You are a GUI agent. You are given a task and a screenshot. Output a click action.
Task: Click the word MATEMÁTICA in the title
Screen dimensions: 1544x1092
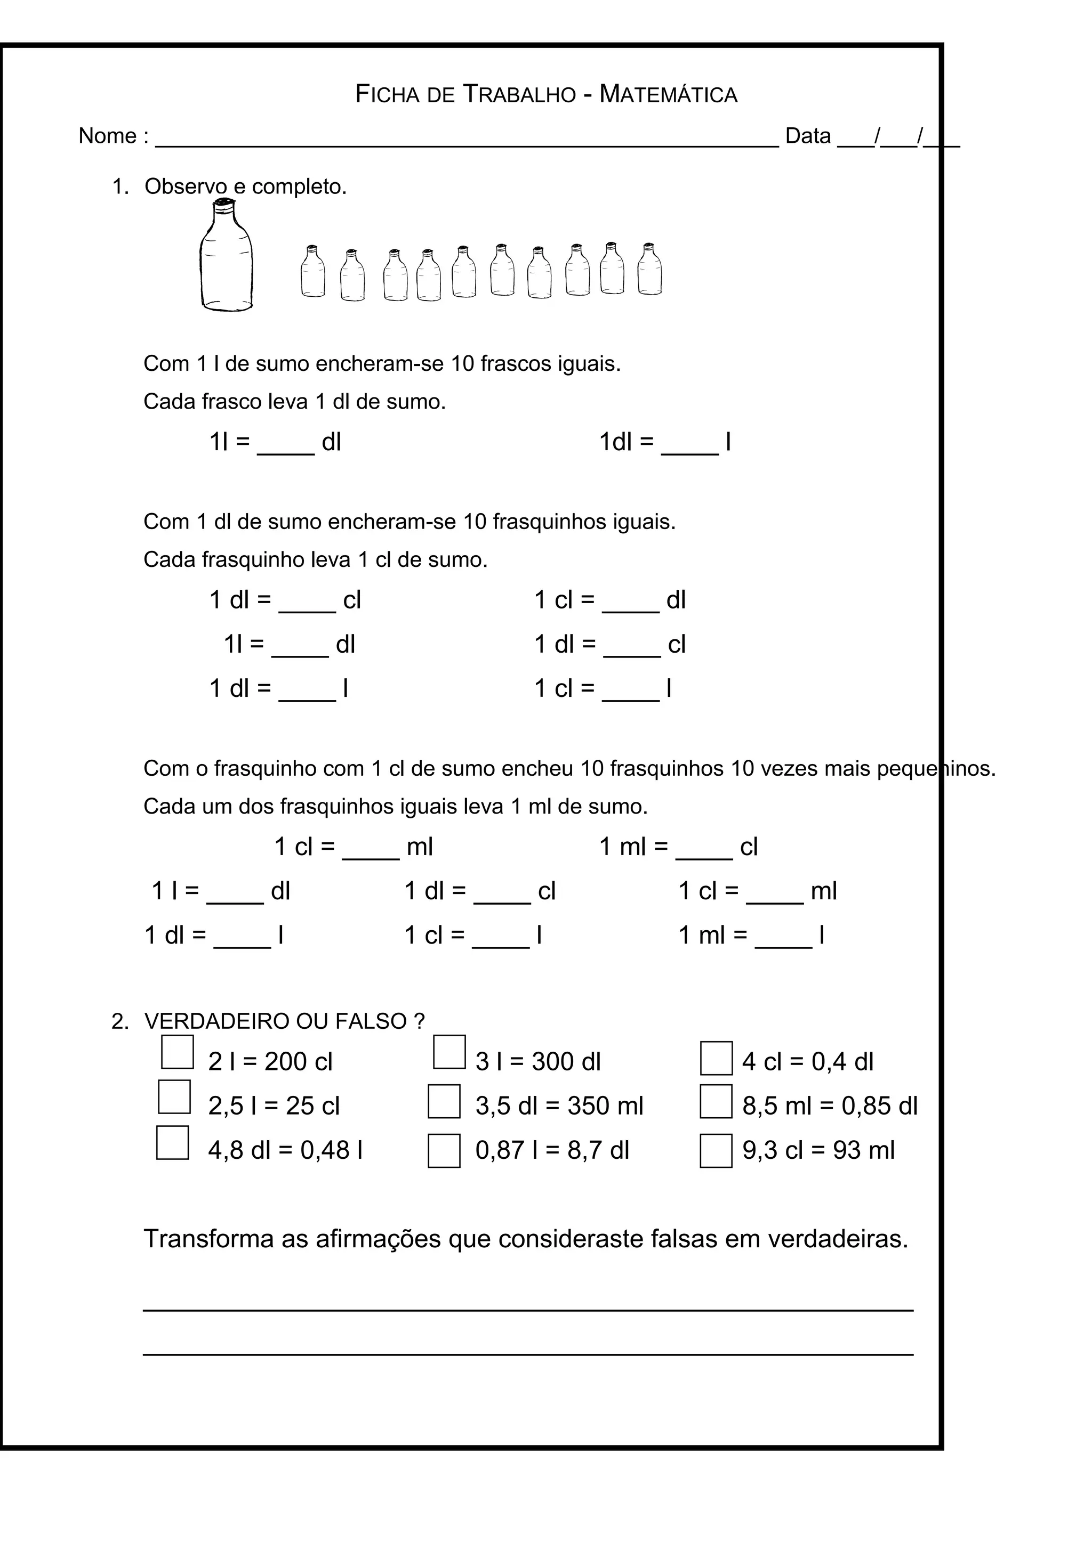668,94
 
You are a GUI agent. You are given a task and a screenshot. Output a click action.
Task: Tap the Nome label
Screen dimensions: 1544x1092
108,136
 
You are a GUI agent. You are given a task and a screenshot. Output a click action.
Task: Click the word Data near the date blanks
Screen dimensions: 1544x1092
807,136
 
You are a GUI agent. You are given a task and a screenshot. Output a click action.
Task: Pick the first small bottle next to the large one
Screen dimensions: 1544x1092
312,272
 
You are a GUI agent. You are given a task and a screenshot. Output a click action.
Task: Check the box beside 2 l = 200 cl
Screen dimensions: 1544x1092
178,1052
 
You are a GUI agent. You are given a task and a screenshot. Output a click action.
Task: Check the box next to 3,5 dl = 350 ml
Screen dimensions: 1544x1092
444,1101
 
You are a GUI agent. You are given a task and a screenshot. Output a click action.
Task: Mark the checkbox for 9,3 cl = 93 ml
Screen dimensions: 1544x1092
716,1151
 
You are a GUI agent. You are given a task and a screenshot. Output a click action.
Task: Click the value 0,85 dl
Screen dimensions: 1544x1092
879,1106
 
